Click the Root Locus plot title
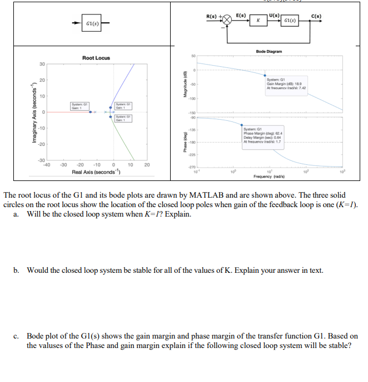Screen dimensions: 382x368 96,58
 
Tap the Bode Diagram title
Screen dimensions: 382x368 269,51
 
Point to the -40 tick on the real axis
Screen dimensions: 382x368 47,165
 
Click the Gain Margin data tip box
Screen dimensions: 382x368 286,84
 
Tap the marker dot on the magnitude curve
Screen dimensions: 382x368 265,76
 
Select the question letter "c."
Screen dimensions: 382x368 17,336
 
